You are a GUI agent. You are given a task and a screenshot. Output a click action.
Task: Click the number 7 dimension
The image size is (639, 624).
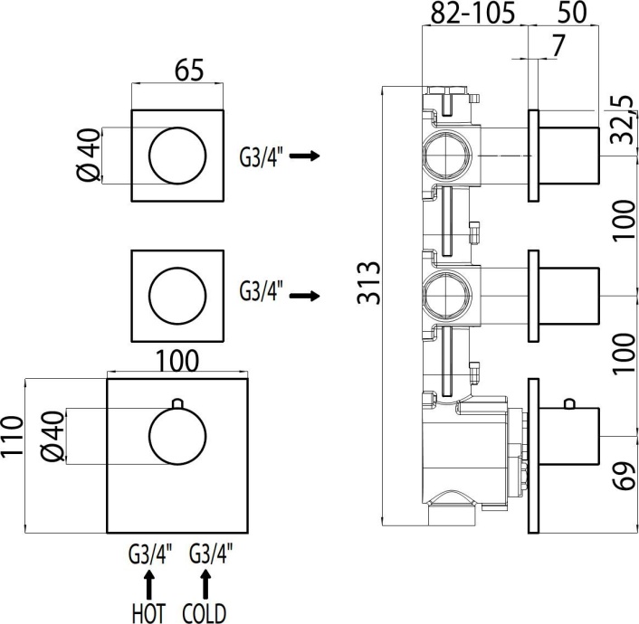tap(558, 45)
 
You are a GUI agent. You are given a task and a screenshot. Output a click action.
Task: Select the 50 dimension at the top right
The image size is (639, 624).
tap(572, 13)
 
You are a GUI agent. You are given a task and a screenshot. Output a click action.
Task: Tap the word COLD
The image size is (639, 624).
tap(204, 612)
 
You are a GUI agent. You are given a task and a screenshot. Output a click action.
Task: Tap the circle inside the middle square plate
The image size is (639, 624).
tap(178, 295)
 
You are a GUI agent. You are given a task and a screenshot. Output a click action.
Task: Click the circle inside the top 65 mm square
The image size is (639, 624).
tap(178, 156)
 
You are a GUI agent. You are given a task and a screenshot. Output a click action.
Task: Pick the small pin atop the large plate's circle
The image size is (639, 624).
tap(178, 403)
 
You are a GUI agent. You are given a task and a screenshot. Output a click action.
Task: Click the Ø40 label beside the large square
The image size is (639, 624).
tap(52, 437)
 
